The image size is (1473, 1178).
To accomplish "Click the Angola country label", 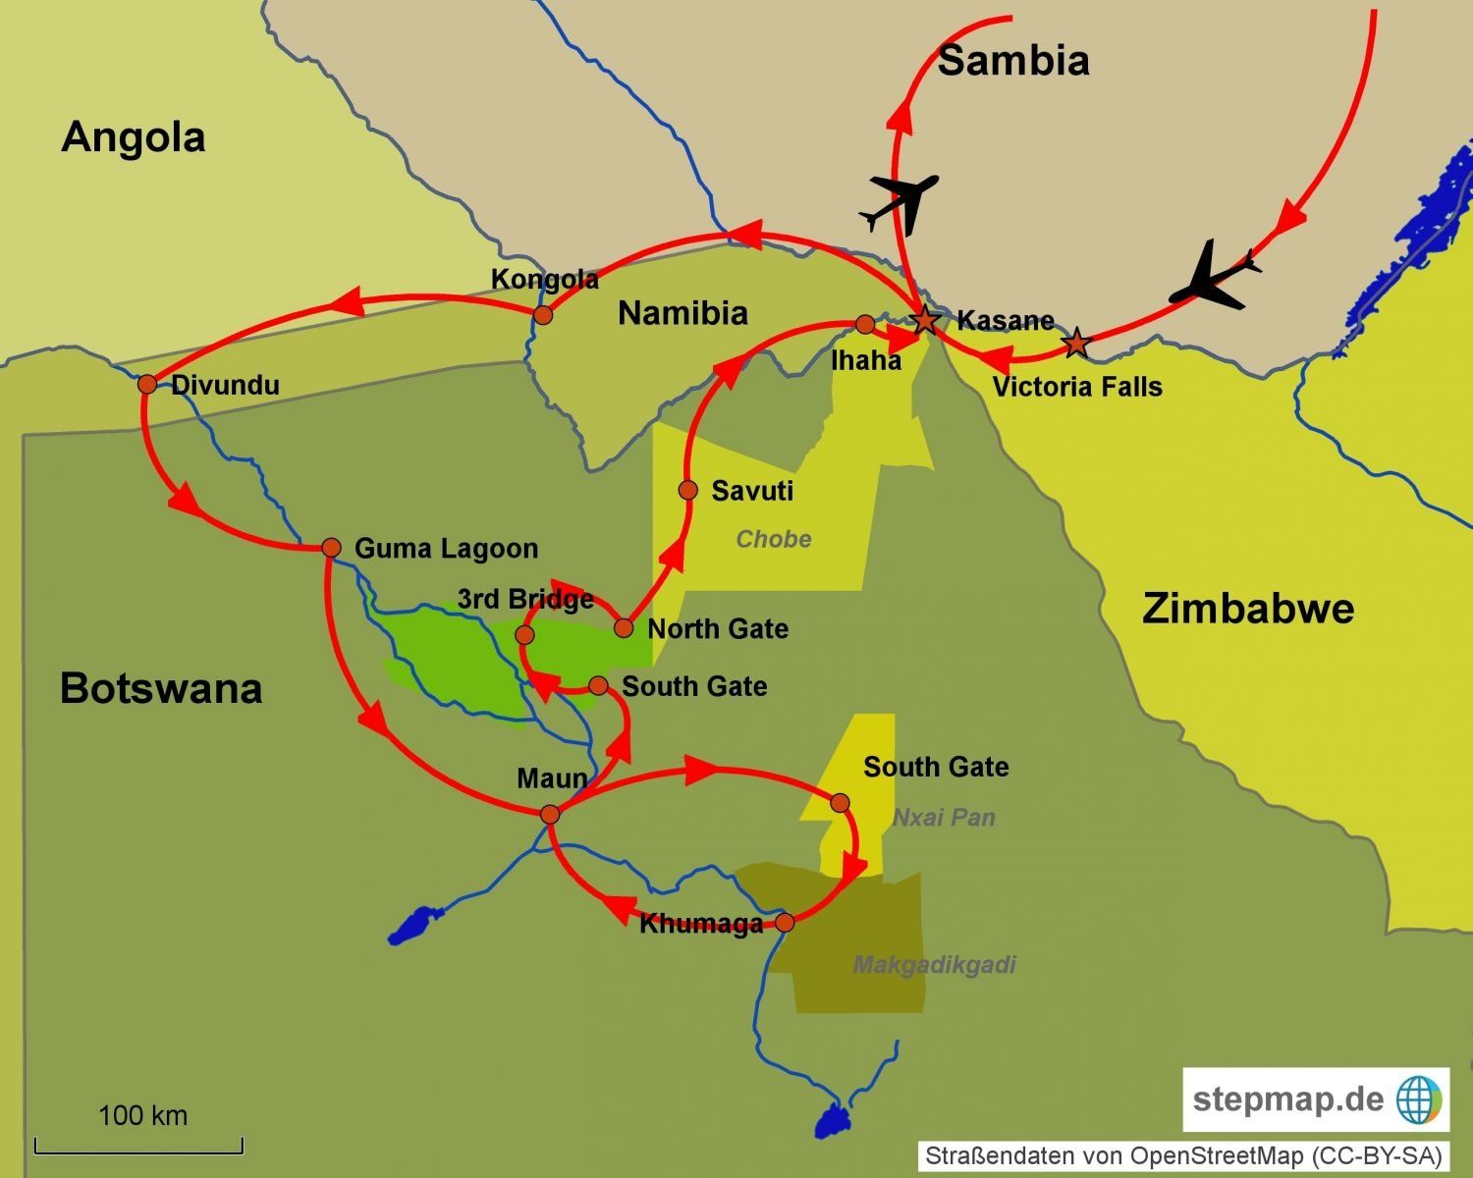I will (133, 137).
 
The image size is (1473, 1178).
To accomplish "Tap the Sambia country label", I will (1013, 61).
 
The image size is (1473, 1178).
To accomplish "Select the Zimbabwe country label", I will (1247, 610).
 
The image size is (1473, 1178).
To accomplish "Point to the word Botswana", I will (161, 688).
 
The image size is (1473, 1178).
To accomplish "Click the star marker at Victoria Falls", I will (1077, 343).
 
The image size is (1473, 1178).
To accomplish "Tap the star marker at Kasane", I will (924, 320).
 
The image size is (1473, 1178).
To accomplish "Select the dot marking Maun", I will (550, 814).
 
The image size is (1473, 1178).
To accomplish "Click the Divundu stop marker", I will (147, 384).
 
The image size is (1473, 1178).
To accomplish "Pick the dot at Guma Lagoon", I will (331, 547).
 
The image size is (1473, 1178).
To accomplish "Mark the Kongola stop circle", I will (542, 315).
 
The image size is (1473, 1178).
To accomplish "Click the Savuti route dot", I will (687, 490).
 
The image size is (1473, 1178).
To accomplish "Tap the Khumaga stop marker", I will (785, 922).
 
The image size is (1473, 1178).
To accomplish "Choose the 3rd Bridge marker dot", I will (524, 635).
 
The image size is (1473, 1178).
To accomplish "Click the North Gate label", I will (718, 629).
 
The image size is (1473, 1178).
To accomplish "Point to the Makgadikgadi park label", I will (934, 965).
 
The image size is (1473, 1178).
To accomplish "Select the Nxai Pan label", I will (944, 818).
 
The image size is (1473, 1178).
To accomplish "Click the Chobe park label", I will (774, 539).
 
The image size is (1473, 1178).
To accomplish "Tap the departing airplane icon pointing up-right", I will (900, 203).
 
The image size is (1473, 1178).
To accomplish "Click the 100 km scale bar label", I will (142, 1115).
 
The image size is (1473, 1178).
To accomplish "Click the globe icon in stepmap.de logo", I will (1417, 1099).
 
